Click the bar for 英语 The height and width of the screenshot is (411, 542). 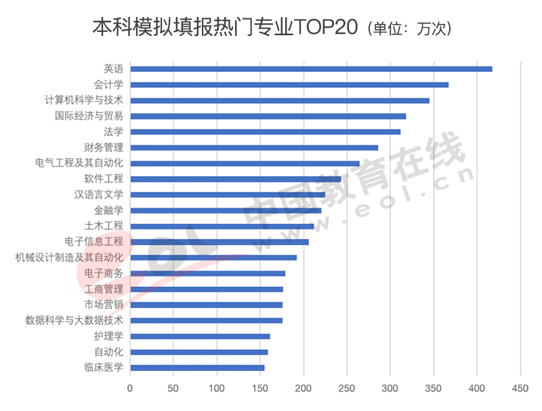tap(311, 68)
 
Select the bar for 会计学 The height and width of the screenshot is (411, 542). tap(289, 85)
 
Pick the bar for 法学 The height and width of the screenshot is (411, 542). tap(265, 132)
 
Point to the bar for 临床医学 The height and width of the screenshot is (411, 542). tap(197, 368)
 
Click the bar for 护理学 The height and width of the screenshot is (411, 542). tap(200, 336)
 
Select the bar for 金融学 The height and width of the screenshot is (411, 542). tap(226, 210)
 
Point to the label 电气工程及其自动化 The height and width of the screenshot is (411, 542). tap(79, 163)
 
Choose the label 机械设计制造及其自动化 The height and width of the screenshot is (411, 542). tap(70, 257)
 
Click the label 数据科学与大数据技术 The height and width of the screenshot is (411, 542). tap(75, 320)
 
